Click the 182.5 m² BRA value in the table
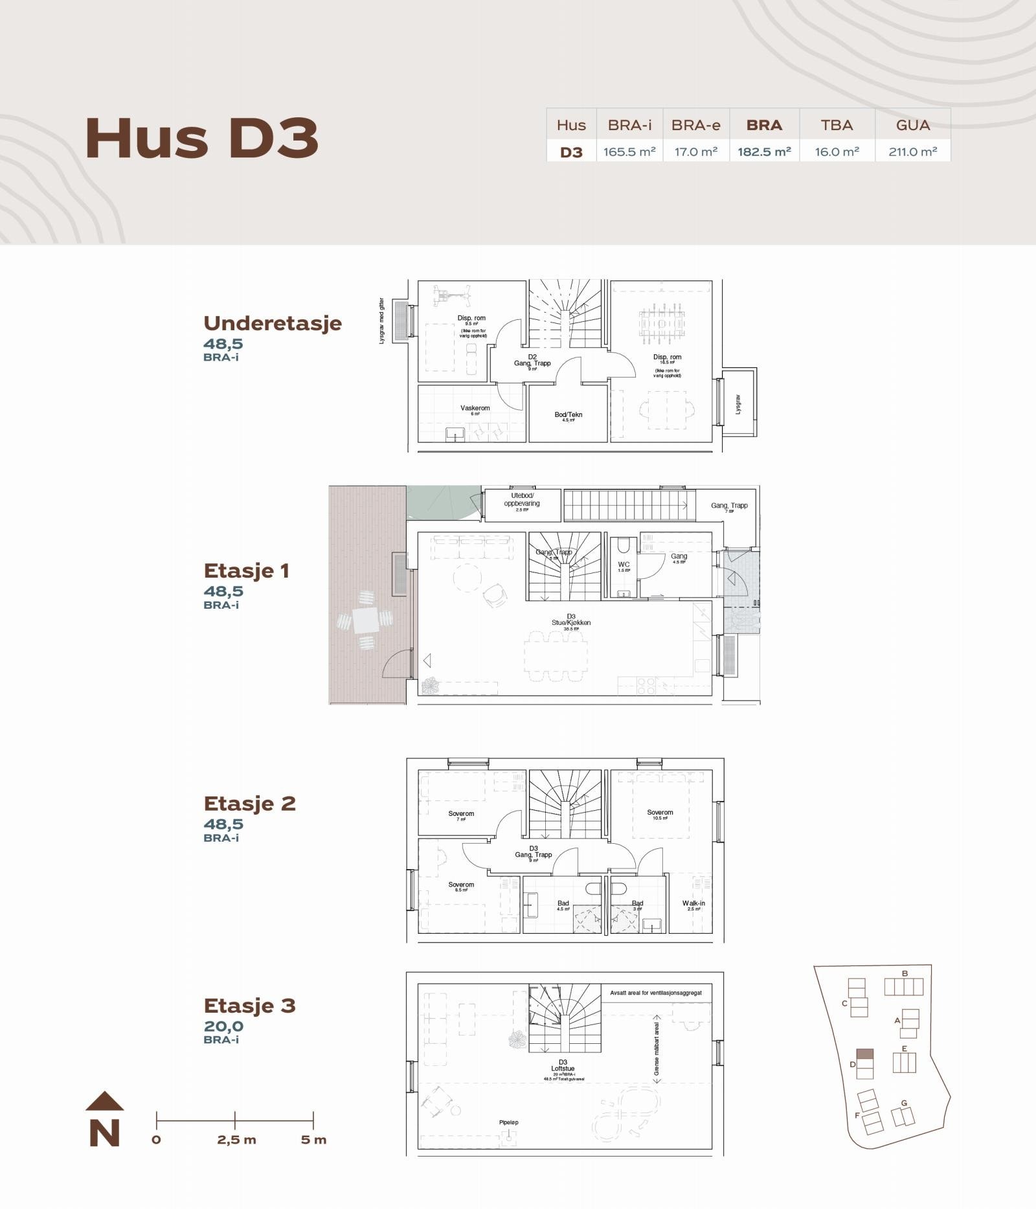pos(764,152)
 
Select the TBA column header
pos(837,125)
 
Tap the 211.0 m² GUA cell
pos(912,152)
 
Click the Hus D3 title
pos(201,138)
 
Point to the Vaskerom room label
pos(475,408)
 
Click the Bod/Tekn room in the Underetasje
pos(568,415)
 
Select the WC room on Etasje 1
pos(624,565)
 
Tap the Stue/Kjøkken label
pos(571,622)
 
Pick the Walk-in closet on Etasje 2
pos(693,903)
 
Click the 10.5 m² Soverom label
pos(660,813)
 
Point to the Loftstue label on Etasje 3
pos(563,1068)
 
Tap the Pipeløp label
pos(508,1122)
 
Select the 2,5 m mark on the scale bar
pos(236,1140)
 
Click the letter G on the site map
pos(904,1103)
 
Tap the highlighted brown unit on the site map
pos(864,1054)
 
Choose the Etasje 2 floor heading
pos(249,804)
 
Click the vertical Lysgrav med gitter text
pos(381,321)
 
